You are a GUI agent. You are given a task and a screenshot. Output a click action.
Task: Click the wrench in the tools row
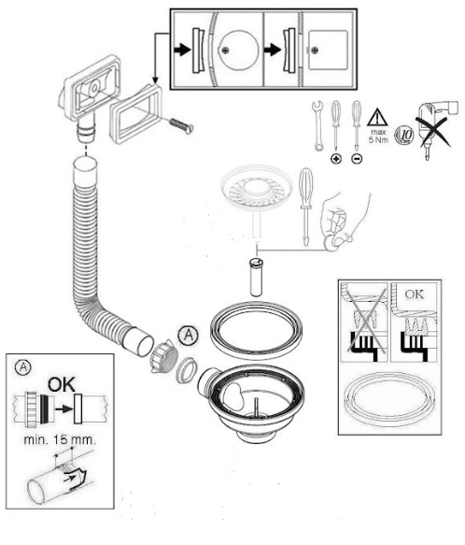(317, 125)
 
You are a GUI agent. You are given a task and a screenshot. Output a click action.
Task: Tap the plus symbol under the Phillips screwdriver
(336, 159)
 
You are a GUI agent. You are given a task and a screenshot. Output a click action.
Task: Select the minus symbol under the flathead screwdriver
(357, 159)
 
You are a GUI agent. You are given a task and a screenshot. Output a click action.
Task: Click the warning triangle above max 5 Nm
(377, 117)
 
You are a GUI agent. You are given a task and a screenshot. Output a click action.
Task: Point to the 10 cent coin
(404, 135)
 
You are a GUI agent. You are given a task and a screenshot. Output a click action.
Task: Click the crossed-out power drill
(436, 126)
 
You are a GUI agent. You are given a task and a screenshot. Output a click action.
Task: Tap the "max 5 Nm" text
(378, 136)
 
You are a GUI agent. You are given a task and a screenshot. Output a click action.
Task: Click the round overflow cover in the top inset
(238, 50)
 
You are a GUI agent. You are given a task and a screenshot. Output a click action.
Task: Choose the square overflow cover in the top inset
(328, 50)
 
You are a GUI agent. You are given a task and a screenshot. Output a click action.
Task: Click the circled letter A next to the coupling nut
(189, 336)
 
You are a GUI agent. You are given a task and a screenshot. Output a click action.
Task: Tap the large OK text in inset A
(62, 384)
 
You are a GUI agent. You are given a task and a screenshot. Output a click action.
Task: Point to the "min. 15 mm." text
(60, 439)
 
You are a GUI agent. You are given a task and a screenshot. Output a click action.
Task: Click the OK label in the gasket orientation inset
(415, 294)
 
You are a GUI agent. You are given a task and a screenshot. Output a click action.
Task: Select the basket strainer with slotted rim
(257, 190)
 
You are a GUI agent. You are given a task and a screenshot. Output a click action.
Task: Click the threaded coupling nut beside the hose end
(164, 356)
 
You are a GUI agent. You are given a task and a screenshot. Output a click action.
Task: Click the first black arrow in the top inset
(182, 50)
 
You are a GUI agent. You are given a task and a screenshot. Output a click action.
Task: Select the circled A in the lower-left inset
(23, 367)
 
